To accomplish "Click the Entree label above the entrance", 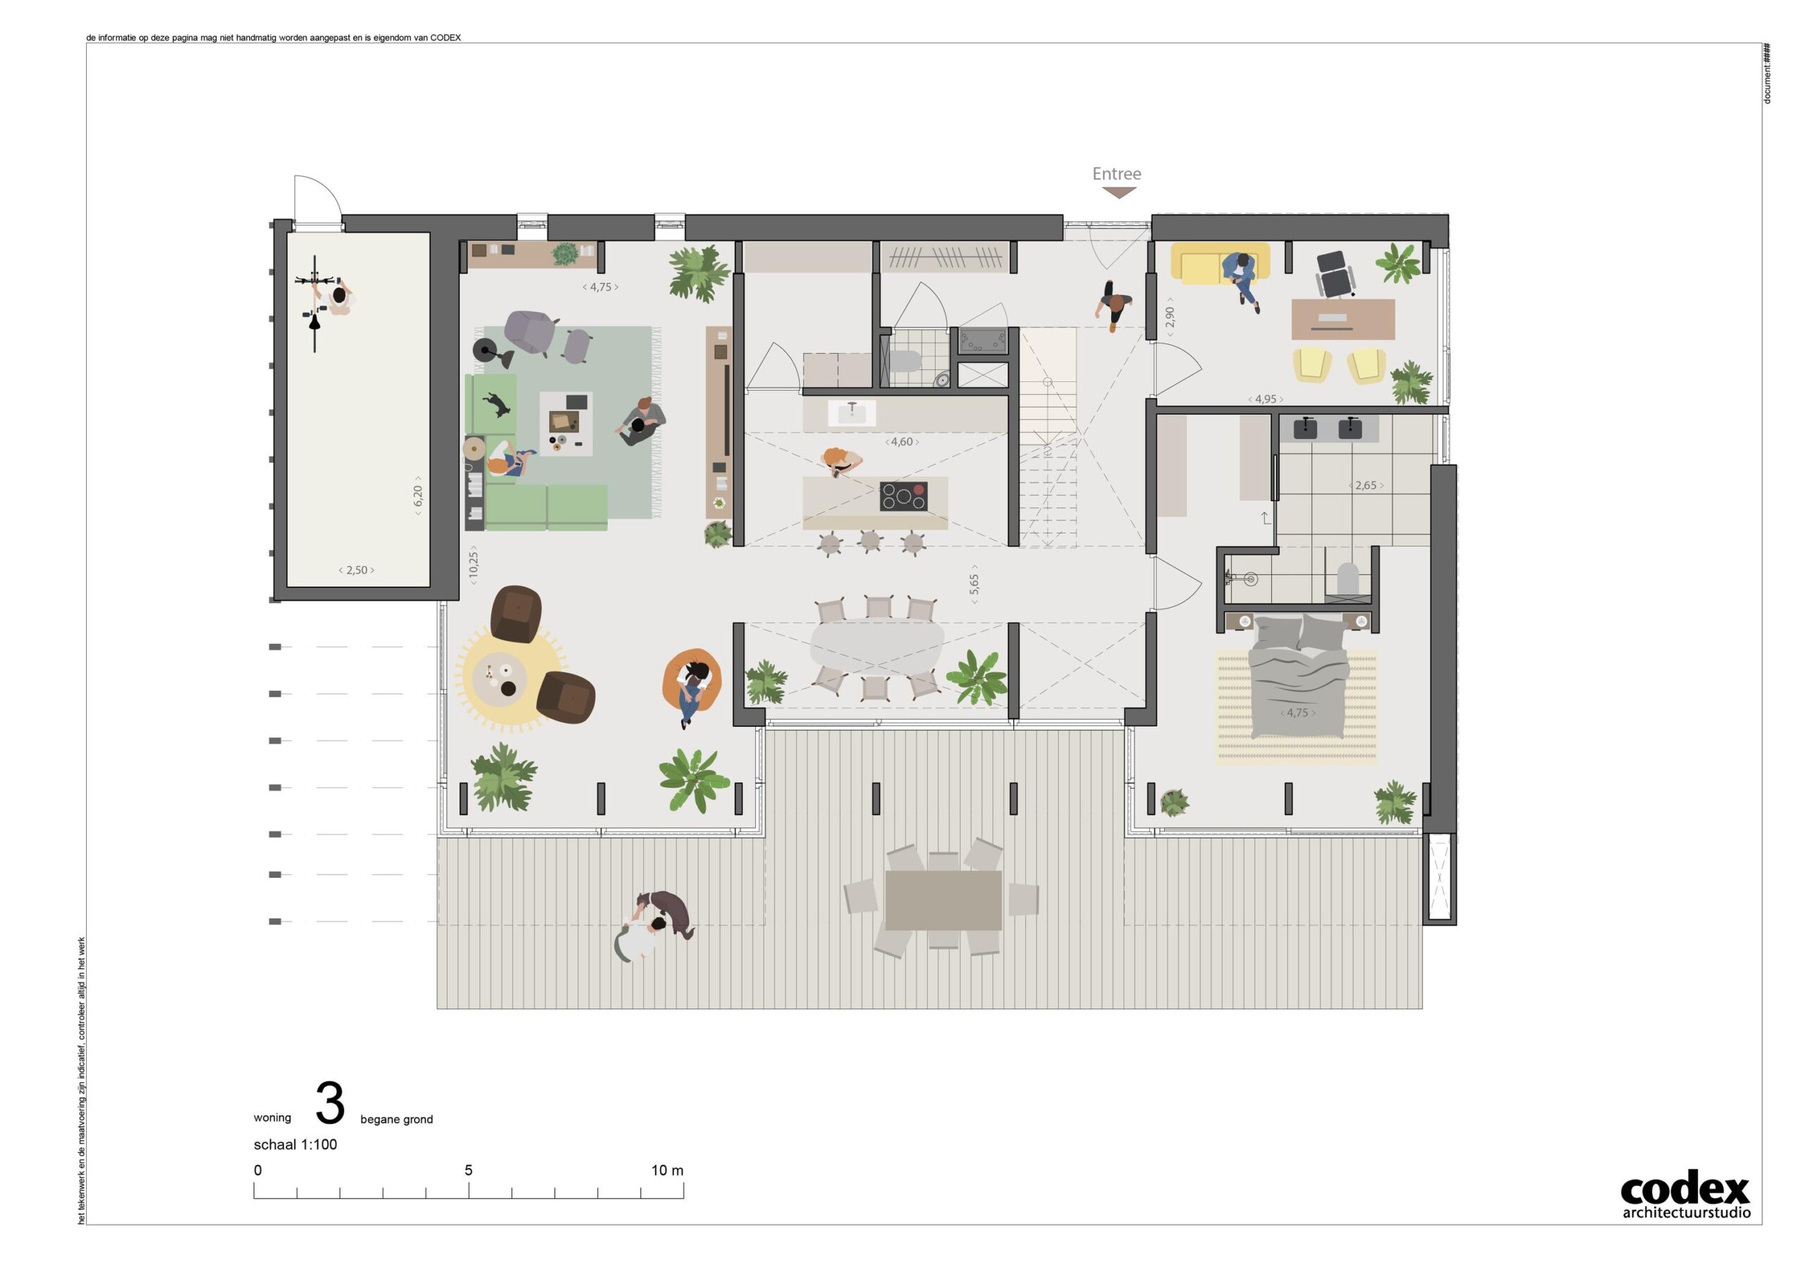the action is click(x=1116, y=173).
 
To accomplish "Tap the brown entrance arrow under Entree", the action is click(x=1118, y=192).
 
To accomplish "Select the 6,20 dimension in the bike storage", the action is click(x=417, y=496).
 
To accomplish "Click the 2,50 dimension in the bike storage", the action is click(x=356, y=570).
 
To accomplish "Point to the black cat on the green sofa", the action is click(x=497, y=405).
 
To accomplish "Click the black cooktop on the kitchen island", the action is click(x=903, y=496).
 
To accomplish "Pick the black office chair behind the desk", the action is click(x=1335, y=274).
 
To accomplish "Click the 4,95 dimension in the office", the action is click(x=1266, y=400).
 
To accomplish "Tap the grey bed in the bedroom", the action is click(x=1298, y=677).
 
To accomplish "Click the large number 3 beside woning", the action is click(x=330, y=1104).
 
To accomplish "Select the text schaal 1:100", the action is click(x=295, y=1145).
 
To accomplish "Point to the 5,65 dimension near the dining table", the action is click(x=974, y=584).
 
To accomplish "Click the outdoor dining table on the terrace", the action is click(x=943, y=900).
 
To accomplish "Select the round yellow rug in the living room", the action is click(x=511, y=680).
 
